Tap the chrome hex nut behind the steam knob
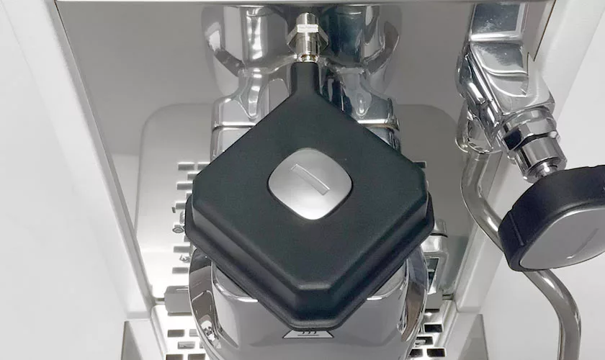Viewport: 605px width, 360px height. pos(533,144)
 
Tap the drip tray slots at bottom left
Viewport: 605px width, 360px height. pos(176,338)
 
